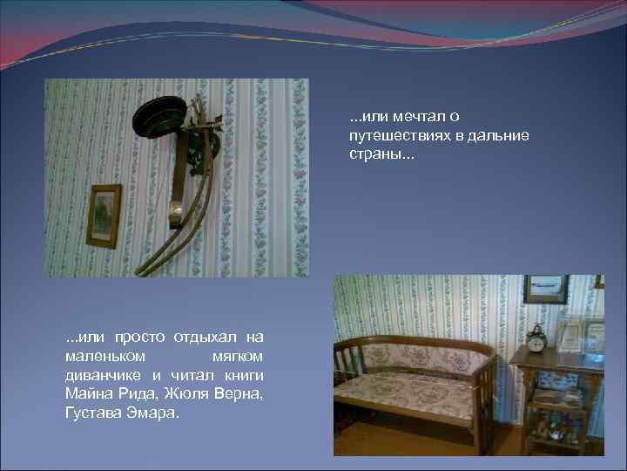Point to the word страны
370,154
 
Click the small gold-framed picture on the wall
104,215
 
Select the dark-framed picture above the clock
545,289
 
